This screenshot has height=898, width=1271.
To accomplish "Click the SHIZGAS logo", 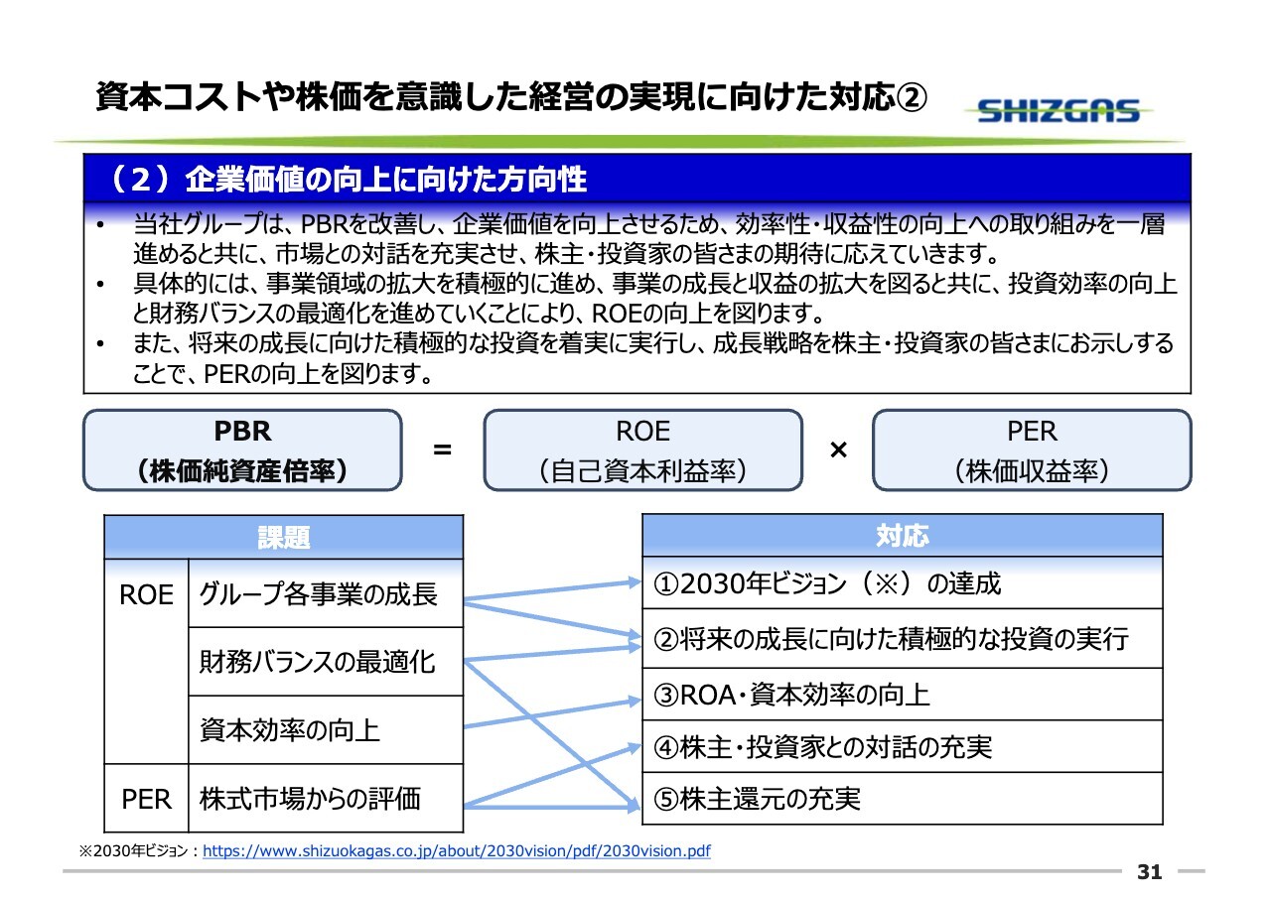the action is [x=1059, y=110].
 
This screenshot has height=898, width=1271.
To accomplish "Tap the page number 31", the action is [x=1150, y=872].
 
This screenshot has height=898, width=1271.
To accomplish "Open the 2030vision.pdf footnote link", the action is [x=456, y=851].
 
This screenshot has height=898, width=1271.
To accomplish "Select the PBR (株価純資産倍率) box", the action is [x=243, y=450].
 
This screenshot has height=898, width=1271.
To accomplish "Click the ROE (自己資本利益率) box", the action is [x=642, y=450].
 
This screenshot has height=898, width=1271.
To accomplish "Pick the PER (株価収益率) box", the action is [x=1032, y=450].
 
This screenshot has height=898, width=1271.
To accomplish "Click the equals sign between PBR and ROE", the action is [x=442, y=450].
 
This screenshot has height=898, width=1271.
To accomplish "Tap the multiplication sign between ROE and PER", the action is [x=838, y=450].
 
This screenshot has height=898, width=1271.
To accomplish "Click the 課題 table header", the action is [x=284, y=537].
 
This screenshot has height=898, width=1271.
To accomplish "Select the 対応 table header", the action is [x=903, y=535].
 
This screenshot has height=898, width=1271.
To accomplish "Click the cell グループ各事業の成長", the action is [x=326, y=593].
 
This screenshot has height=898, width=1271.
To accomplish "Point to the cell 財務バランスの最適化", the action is [x=326, y=662].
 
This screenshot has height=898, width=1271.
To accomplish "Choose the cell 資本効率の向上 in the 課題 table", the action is [x=326, y=729].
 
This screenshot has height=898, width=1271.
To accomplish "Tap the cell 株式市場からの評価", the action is [x=326, y=798].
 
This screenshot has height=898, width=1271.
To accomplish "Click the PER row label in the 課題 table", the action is [x=146, y=798].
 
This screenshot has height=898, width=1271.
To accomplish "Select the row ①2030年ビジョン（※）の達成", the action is [x=903, y=582].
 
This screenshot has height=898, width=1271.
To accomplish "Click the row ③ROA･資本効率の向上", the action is [x=903, y=695].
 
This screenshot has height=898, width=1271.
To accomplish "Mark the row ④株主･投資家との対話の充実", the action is [x=903, y=746].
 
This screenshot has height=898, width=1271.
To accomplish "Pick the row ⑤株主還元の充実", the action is [x=903, y=798].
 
